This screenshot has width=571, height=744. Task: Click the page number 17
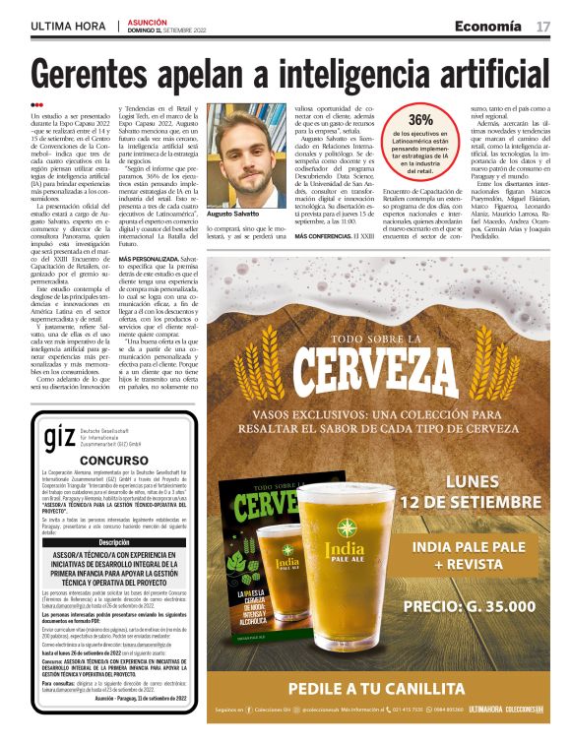pyautogui.click(x=543, y=25)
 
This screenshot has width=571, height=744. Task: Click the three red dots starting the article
pyautogui.click(x=36, y=104)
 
